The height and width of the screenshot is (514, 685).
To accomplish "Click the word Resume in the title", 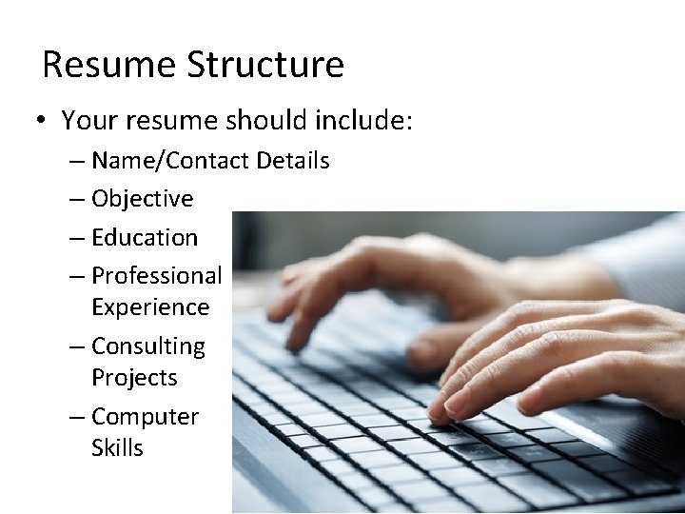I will pyautogui.click(x=109, y=65).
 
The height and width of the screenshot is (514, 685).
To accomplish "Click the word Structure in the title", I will pyautogui.click(x=265, y=65).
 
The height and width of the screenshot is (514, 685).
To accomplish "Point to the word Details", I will pyautogui.click(x=291, y=161).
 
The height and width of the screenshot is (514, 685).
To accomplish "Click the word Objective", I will pyautogui.click(x=142, y=199).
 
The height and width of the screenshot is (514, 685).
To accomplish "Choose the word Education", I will pyautogui.click(x=145, y=237).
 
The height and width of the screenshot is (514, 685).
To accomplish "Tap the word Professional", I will pyautogui.click(x=156, y=276).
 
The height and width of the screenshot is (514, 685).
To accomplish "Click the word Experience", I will pyautogui.click(x=150, y=307).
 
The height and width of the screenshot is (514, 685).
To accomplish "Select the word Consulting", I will pyautogui.click(x=148, y=346).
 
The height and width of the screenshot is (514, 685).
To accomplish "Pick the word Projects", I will pyautogui.click(x=134, y=378).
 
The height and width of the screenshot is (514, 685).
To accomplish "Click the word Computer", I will pyautogui.click(x=145, y=417).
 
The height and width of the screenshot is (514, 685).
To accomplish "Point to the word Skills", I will pyautogui.click(x=117, y=447).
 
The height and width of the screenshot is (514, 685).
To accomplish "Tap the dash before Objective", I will pyautogui.click(x=77, y=200).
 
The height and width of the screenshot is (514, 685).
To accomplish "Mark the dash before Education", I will pyautogui.click(x=77, y=238).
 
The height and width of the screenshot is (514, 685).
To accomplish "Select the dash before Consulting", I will pyautogui.click(x=77, y=346).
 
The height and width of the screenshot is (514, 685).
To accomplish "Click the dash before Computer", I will pyautogui.click(x=77, y=417).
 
